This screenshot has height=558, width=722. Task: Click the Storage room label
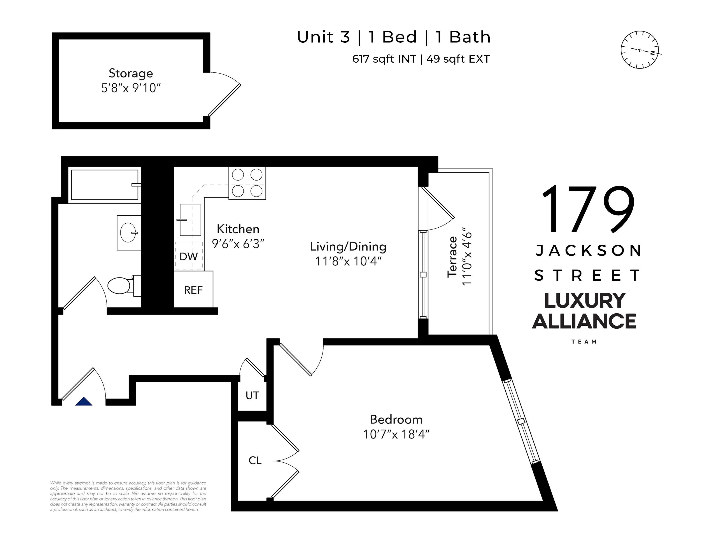[131, 73]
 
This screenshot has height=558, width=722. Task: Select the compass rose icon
[640, 50]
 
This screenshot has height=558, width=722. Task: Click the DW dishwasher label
[188, 256]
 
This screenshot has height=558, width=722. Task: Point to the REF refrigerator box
[193, 290]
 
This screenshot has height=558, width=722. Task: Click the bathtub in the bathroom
[104, 185]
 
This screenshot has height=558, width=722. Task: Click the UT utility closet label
[252, 395]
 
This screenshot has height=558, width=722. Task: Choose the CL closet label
[255, 460]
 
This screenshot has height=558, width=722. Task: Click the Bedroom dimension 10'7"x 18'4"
[396, 434]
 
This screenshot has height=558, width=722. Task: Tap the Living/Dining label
[348, 246]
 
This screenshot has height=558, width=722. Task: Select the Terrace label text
[452, 257]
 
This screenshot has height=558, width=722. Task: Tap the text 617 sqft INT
[384, 59]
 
